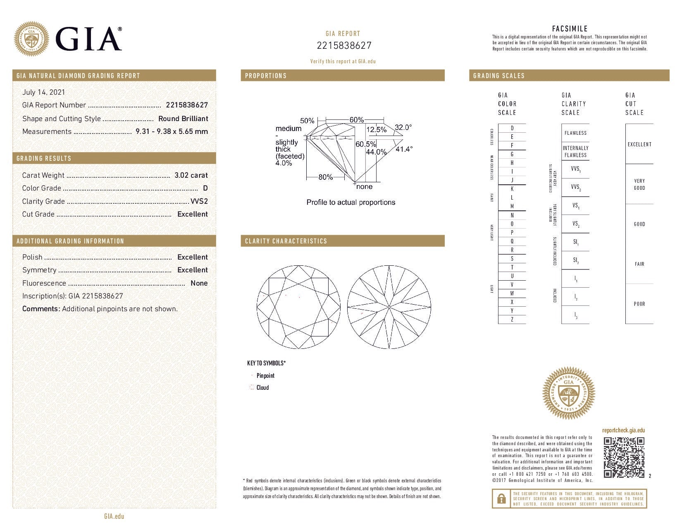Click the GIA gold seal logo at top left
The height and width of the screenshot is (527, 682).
(31, 39)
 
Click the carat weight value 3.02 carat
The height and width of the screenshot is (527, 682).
(191, 175)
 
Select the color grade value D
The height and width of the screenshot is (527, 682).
(205, 188)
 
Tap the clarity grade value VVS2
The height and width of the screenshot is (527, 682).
(199, 201)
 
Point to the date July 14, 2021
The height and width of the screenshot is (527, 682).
(43, 92)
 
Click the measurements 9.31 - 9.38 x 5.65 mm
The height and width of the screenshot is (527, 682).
(172, 131)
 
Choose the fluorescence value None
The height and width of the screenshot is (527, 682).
(199, 283)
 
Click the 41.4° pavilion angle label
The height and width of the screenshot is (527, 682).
(403, 149)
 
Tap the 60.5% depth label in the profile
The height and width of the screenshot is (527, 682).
(365, 144)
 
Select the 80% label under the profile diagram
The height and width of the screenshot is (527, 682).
(325, 177)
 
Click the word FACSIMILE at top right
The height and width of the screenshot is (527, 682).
(570, 29)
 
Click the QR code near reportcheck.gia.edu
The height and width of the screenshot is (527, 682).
(624, 457)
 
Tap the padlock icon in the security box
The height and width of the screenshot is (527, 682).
(501, 498)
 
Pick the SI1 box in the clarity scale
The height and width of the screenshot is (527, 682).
(575, 242)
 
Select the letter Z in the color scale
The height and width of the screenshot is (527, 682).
(512, 319)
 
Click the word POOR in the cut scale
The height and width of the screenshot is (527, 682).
(639, 304)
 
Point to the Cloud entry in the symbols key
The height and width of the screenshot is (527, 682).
(262, 387)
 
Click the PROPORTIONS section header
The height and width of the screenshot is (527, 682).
(266, 76)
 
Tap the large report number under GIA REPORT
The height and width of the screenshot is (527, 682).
(344, 45)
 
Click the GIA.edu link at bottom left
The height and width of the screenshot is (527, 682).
(114, 516)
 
